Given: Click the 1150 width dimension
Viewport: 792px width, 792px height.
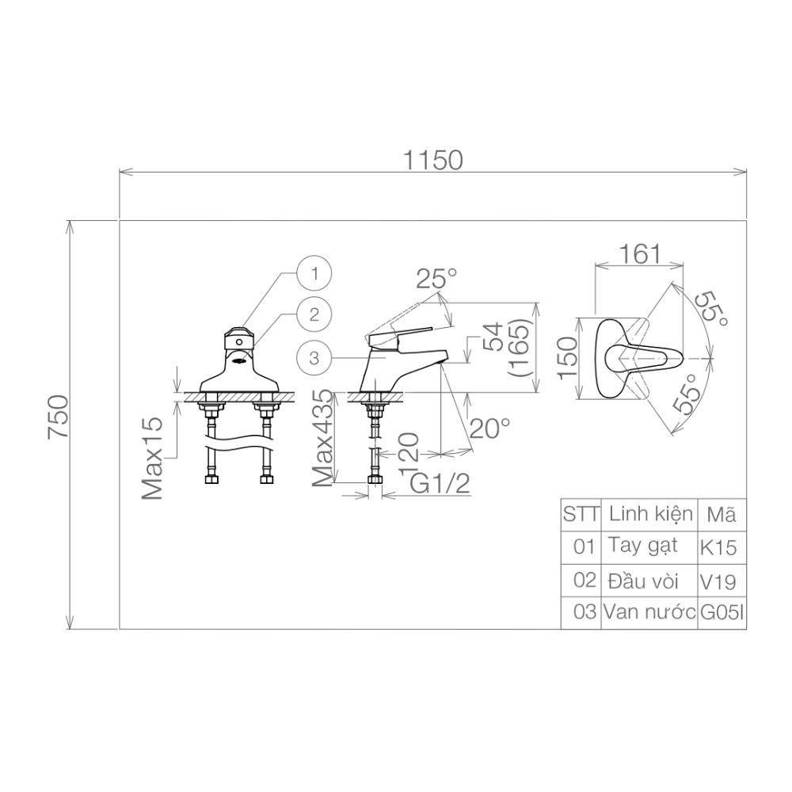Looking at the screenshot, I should (x=432, y=161).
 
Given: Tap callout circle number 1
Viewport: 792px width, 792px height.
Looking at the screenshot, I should (x=315, y=274).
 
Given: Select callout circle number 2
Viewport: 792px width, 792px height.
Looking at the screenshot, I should (x=315, y=314).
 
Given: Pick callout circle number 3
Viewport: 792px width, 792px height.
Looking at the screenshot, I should (x=314, y=358).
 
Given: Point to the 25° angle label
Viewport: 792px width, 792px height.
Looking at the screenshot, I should (x=437, y=279).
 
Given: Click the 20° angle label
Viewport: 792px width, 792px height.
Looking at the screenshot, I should (x=489, y=428).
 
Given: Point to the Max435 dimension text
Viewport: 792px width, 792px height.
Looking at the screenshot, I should (x=322, y=438).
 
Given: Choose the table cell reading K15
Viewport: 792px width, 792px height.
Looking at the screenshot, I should (x=718, y=546).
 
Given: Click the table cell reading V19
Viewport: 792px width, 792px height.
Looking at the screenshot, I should (x=718, y=582).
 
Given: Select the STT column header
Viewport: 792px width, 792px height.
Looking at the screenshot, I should (x=581, y=514).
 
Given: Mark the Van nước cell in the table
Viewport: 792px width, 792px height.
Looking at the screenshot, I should (x=649, y=612).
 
